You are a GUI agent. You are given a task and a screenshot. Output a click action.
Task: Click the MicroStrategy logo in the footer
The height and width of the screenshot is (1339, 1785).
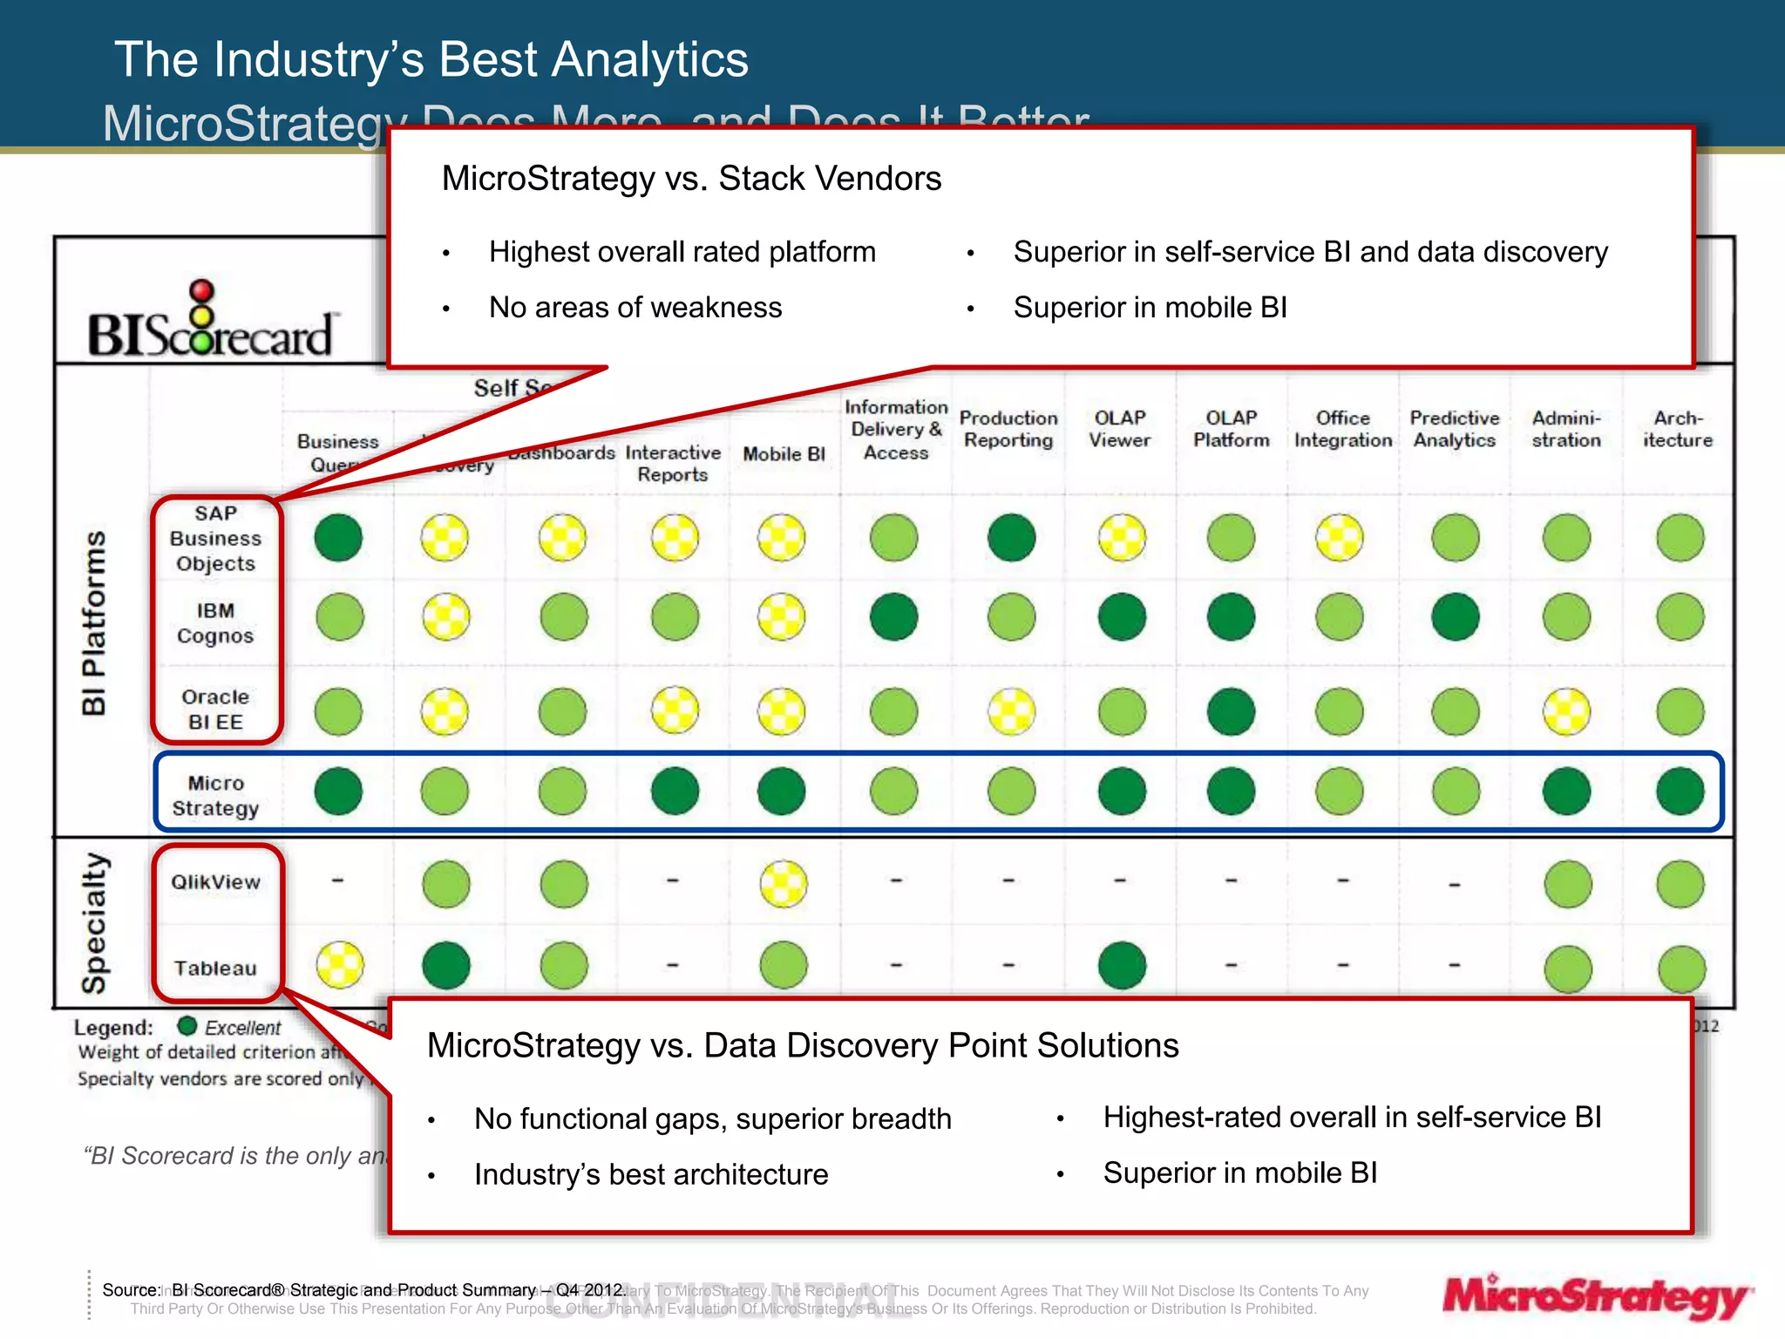point(1596,1297)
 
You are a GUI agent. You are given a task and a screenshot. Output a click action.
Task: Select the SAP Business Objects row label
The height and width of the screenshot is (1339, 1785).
point(215,539)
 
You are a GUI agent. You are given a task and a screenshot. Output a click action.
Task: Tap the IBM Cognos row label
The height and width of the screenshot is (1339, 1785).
point(215,623)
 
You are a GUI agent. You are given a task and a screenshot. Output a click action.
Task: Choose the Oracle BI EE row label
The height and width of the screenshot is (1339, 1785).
point(215,710)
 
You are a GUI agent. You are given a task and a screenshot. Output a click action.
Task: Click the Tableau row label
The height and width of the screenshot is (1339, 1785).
point(215,969)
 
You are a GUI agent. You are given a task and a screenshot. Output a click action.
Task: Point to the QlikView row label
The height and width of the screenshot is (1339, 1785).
point(215,882)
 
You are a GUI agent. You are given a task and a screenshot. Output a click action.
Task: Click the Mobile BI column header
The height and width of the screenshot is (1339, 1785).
point(784,454)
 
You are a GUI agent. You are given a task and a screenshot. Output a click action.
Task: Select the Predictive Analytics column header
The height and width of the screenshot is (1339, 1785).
point(1454,430)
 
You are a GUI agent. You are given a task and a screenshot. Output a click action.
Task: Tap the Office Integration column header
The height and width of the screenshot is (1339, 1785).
point(1342,430)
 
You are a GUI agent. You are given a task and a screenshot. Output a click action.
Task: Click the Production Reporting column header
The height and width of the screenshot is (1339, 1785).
point(1008,430)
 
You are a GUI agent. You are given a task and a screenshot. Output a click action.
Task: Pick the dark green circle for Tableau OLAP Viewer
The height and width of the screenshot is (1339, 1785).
point(1121,965)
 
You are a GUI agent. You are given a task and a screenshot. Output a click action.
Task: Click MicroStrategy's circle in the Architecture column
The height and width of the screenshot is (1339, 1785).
point(1680,791)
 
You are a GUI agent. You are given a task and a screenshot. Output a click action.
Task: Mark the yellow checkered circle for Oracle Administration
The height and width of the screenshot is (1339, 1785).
point(1566,711)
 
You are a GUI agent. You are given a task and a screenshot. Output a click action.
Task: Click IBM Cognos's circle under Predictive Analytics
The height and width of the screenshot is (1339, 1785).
point(1455,617)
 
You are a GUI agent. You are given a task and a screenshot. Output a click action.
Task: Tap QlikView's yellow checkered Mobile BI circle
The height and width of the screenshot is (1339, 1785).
point(783,884)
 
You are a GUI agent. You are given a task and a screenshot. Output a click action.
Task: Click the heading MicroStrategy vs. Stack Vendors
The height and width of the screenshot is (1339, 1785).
point(691,179)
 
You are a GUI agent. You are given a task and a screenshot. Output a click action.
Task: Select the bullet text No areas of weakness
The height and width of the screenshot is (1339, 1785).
point(635,308)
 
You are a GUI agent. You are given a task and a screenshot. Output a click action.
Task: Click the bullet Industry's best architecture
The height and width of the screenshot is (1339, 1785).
point(650,1174)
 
